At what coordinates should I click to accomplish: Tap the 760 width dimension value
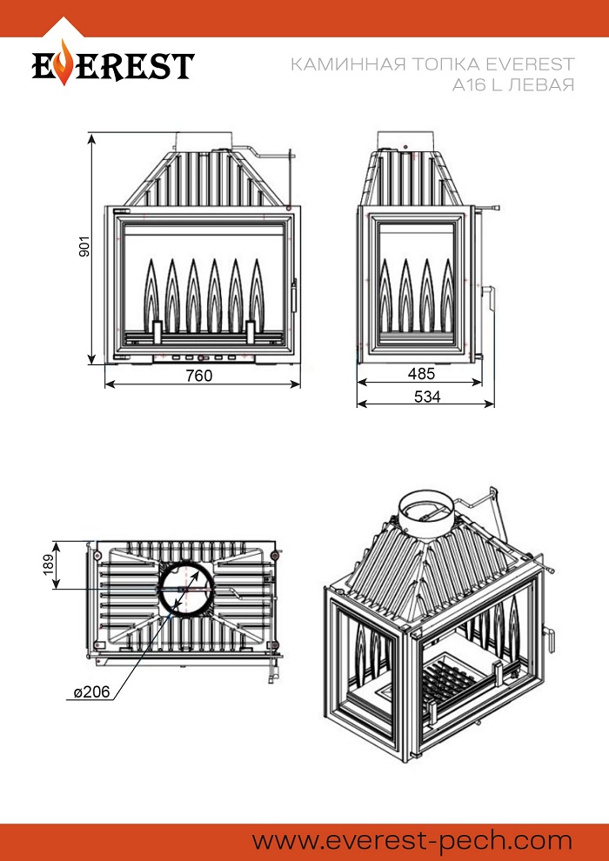point(198,376)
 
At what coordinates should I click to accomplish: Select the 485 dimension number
point(422,374)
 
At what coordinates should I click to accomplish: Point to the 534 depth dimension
point(427,397)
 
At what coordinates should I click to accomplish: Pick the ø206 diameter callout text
point(92,692)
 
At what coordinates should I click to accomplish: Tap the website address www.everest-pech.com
point(412,841)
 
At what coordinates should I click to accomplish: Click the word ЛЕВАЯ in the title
point(540,85)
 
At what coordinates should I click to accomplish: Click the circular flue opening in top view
point(185,589)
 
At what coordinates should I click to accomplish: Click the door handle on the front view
point(294,296)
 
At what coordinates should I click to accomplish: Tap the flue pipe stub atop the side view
point(405,140)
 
